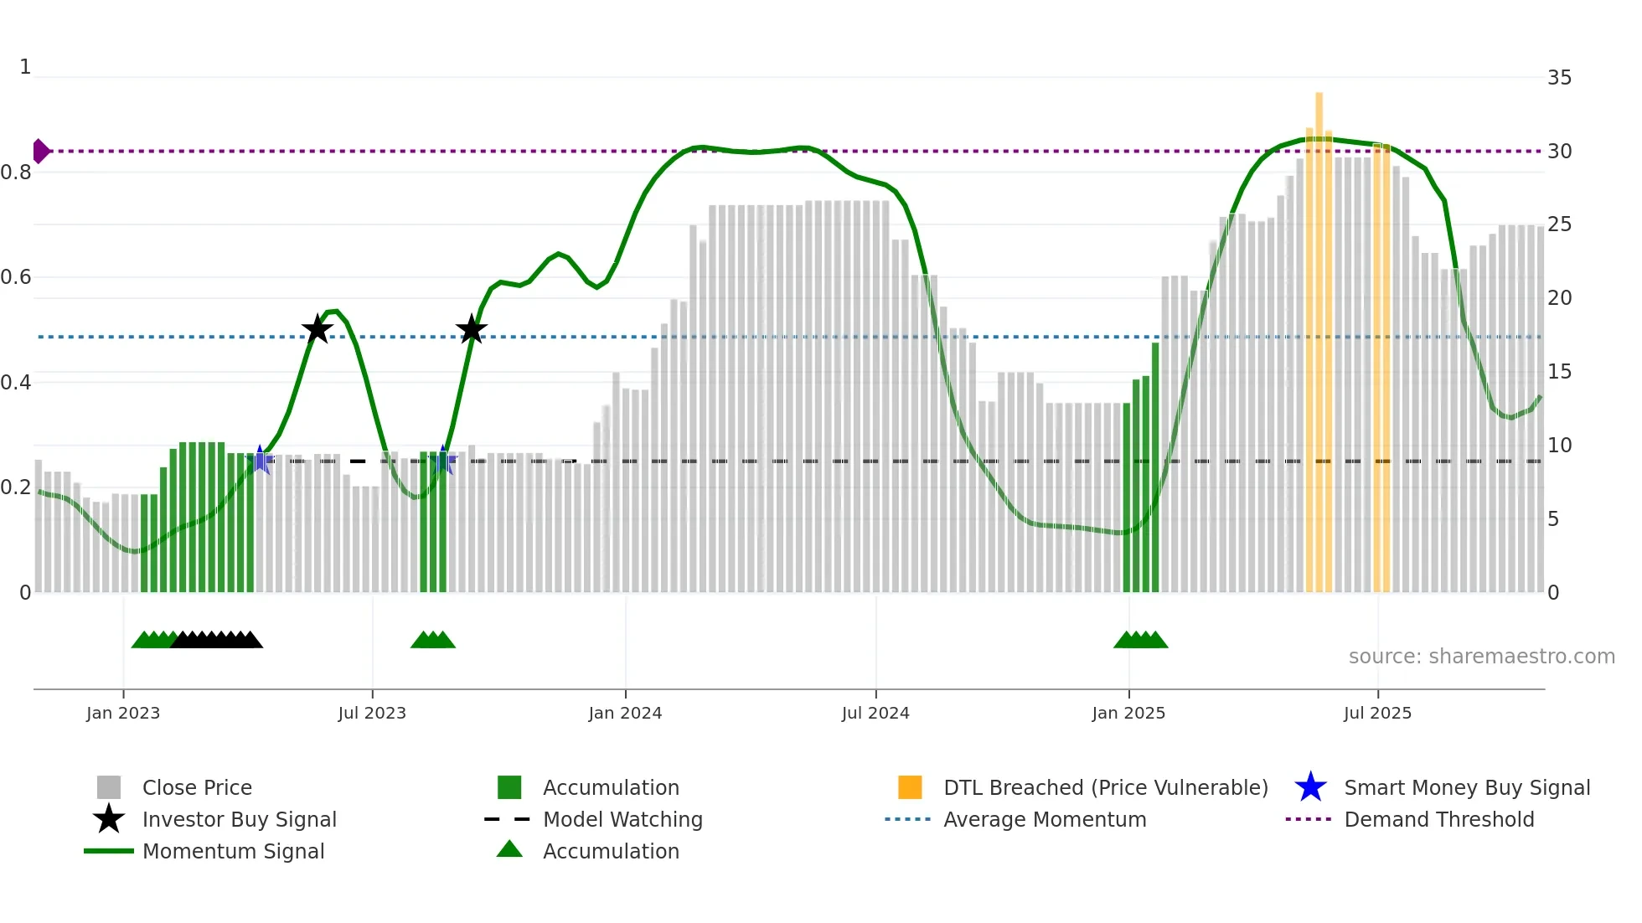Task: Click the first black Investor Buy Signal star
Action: pyautogui.click(x=317, y=329)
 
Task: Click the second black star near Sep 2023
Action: pyautogui.click(x=472, y=329)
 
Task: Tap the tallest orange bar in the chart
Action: pyautogui.click(x=1319, y=335)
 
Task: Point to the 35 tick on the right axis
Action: pyautogui.click(x=1559, y=78)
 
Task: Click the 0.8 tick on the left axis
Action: pyautogui.click(x=16, y=173)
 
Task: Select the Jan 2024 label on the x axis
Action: pyautogui.click(x=625, y=713)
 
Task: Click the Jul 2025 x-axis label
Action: pyautogui.click(x=1377, y=713)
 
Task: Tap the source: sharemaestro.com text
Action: pyautogui.click(x=1481, y=657)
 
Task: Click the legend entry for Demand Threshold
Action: pyautogui.click(x=1438, y=819)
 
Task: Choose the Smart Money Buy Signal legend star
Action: pyautogui.click(x=1310, y=787)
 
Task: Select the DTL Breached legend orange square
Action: pyautogui.click(x=910, y=787)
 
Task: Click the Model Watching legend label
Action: pyautogui.click(x=622, y=819)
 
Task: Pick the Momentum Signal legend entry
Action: pyautogui.click(x=233, y=851)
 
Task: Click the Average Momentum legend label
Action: pyautogui.click(x=1045, y=819)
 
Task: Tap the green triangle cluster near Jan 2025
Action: pyautogui.click(x=1140, y=640)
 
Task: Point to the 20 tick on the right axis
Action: pyautogui.click(x=1559, y=298)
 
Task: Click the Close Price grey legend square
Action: pyautogui.click(x=109, y=787)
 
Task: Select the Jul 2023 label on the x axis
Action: pyautogui.click(x=372, y=713)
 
